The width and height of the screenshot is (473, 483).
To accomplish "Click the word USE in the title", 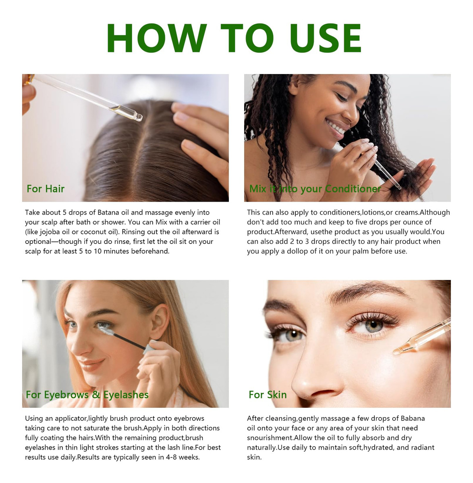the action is point(326,38).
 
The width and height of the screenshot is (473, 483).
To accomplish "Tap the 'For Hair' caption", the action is point(46,189).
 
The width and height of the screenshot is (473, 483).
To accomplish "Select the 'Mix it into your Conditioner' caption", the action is point(315,189).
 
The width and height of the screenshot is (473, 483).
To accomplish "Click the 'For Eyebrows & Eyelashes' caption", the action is point(87,395).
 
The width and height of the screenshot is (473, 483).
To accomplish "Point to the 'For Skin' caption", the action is point(268,394).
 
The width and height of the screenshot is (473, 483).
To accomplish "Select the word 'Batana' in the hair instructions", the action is point(108,213).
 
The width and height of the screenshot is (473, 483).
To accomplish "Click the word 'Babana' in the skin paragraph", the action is point(413,419).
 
